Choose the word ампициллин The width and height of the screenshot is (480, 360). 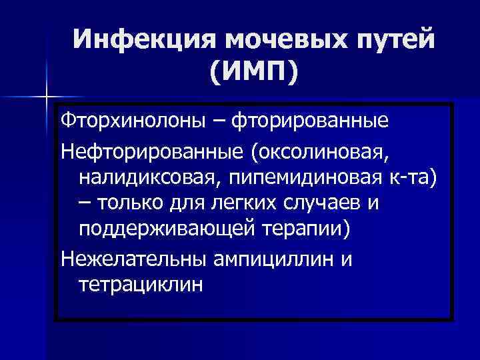pyautogui.click(x=275, y=258)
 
